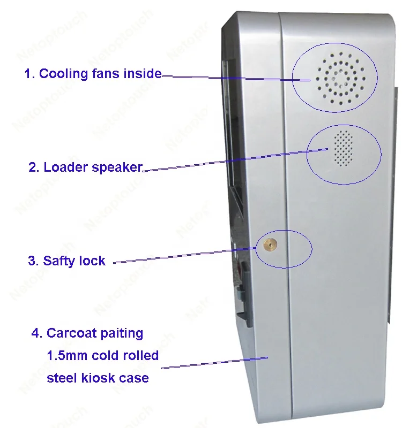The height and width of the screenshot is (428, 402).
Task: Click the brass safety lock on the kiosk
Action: pos(270,244)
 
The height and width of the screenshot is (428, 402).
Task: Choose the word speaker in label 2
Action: pos(117,167)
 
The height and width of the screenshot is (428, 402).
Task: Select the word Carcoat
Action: pos(72,333)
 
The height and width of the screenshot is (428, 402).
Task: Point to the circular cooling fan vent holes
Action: pos(340,79)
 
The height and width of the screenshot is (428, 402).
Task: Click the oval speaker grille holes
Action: pos(344,148)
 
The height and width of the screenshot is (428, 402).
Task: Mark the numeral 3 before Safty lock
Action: pos(32,261)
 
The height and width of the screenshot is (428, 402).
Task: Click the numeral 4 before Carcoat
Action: pos(35,333)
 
